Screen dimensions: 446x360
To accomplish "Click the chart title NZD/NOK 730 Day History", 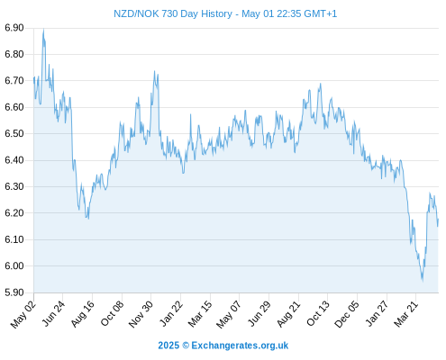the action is point(173,13).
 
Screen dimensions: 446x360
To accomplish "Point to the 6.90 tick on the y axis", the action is point(14,28).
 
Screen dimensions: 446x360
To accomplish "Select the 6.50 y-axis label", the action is point(14,133).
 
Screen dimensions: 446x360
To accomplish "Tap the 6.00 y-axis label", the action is point(14,265).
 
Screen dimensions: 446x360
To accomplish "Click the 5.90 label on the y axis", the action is point(14,292).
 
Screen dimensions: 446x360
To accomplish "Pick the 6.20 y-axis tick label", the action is point(14,213).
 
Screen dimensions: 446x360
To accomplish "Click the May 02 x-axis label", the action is point(23,314).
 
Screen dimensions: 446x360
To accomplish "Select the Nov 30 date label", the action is point(141,314).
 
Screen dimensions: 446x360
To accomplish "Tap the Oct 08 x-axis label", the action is point(112,314).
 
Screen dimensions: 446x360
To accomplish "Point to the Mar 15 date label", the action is point(200,314).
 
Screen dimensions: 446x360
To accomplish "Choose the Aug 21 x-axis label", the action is point(288,314).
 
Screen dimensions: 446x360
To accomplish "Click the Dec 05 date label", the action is point(347,314).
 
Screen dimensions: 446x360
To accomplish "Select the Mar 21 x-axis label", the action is point(405,314).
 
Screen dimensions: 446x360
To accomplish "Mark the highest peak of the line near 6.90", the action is point(43,30).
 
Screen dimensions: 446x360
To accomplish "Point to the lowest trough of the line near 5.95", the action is point(423,280).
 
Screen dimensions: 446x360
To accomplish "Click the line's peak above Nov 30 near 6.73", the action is point(154,71).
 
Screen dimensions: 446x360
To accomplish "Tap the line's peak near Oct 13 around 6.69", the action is point(321,84).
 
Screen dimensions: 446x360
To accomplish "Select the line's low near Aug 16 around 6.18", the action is point(88,218).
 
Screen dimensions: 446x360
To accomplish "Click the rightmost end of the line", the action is point(438,220).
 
